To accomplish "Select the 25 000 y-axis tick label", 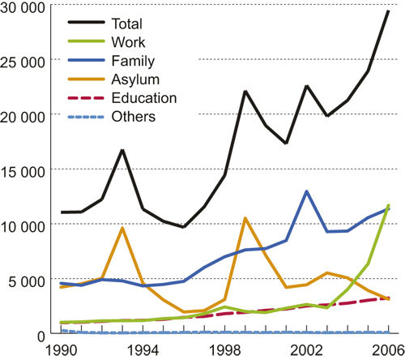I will pos(26,61).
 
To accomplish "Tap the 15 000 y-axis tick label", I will pos(26,170).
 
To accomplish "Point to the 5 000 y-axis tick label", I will pos(30,281).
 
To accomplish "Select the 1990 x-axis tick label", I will pos(62,349).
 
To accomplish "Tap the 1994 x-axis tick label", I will pos(143,349).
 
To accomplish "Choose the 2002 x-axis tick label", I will pos(306,349).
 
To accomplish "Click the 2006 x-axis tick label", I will pos(387,349).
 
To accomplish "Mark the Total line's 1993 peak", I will pos(122,150).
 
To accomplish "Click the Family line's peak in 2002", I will pos(306,191).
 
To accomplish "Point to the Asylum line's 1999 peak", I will pos(245,218).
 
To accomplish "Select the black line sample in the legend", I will pos(83,24).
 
